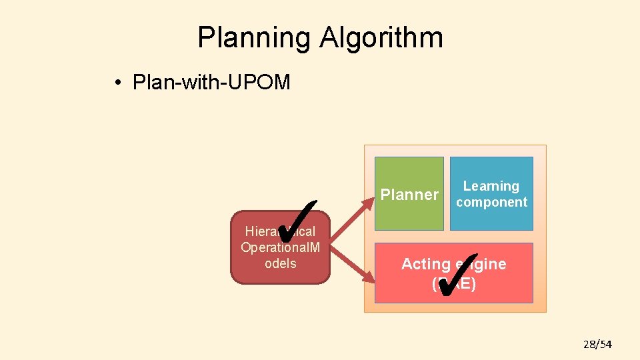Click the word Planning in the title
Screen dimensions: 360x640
tap(254, 38)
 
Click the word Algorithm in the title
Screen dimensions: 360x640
tap(381, 38)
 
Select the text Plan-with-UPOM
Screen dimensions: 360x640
tap(211, 83)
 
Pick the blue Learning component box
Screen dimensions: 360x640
tap(491, 193)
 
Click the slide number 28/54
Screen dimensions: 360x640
tap(597, 344)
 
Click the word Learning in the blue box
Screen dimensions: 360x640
tap(491, 186)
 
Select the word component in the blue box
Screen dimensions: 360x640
tap(491, 202)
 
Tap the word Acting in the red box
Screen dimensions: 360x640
tap(424, 264)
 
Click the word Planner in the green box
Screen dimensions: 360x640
tap(409, 195)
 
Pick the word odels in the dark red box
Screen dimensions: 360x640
tap(280, 263)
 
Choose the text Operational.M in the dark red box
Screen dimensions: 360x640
tap(280, 247)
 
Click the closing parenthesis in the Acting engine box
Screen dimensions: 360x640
tap(473, 285)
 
